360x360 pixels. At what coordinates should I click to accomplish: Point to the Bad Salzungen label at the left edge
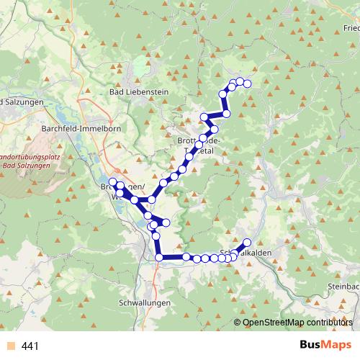tap(22, 102)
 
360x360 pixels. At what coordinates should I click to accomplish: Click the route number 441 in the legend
tap(30, 346)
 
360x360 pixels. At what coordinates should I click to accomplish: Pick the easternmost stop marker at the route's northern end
tap(247, 84)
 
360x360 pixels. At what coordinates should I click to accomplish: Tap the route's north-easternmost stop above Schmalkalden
tap(247, 243)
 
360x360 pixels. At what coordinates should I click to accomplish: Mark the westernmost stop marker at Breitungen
tap(112, 182)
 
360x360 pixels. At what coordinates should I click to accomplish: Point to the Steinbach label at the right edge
tap(343, 286)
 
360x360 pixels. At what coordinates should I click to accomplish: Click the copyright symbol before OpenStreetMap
tap(238, 323)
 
